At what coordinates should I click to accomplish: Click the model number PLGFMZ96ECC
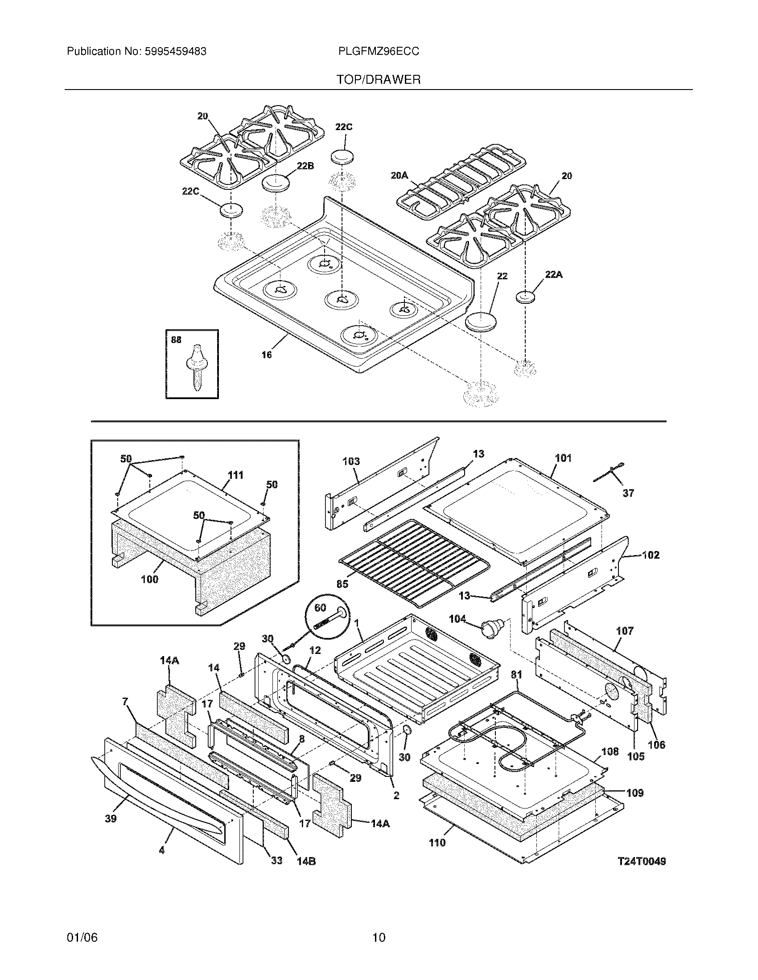click(x=379, y=52)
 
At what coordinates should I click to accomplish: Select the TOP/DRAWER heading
click(x=379, y=80)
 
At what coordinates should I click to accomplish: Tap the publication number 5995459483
click(x=175, y=52)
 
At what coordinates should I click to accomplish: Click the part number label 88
click(x=177, y=340)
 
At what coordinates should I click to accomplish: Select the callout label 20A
click(x=399, y=176)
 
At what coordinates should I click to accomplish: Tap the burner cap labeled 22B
click(x=275, y=183)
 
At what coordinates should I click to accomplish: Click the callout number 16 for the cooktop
click(x=267, y=355)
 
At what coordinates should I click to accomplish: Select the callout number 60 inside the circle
click(x=320, y=608)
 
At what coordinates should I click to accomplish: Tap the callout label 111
click(x=235, y=475)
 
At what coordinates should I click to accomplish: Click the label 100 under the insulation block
click(x=149, y=579)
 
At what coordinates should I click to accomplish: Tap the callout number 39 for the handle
click(x=111, y=818)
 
